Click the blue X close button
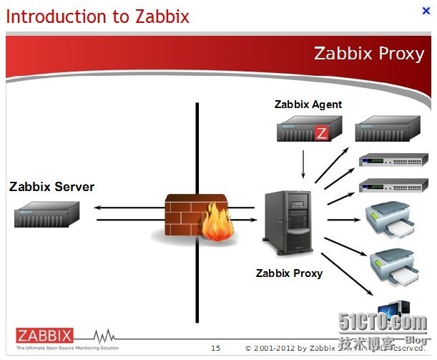[426, 11]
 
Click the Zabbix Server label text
[51, 187]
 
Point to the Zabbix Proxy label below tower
[289, 273]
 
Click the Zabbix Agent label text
[308, 104]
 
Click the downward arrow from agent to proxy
[305, 165]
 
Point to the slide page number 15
[215, 348]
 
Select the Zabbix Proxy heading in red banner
[369, 54]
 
